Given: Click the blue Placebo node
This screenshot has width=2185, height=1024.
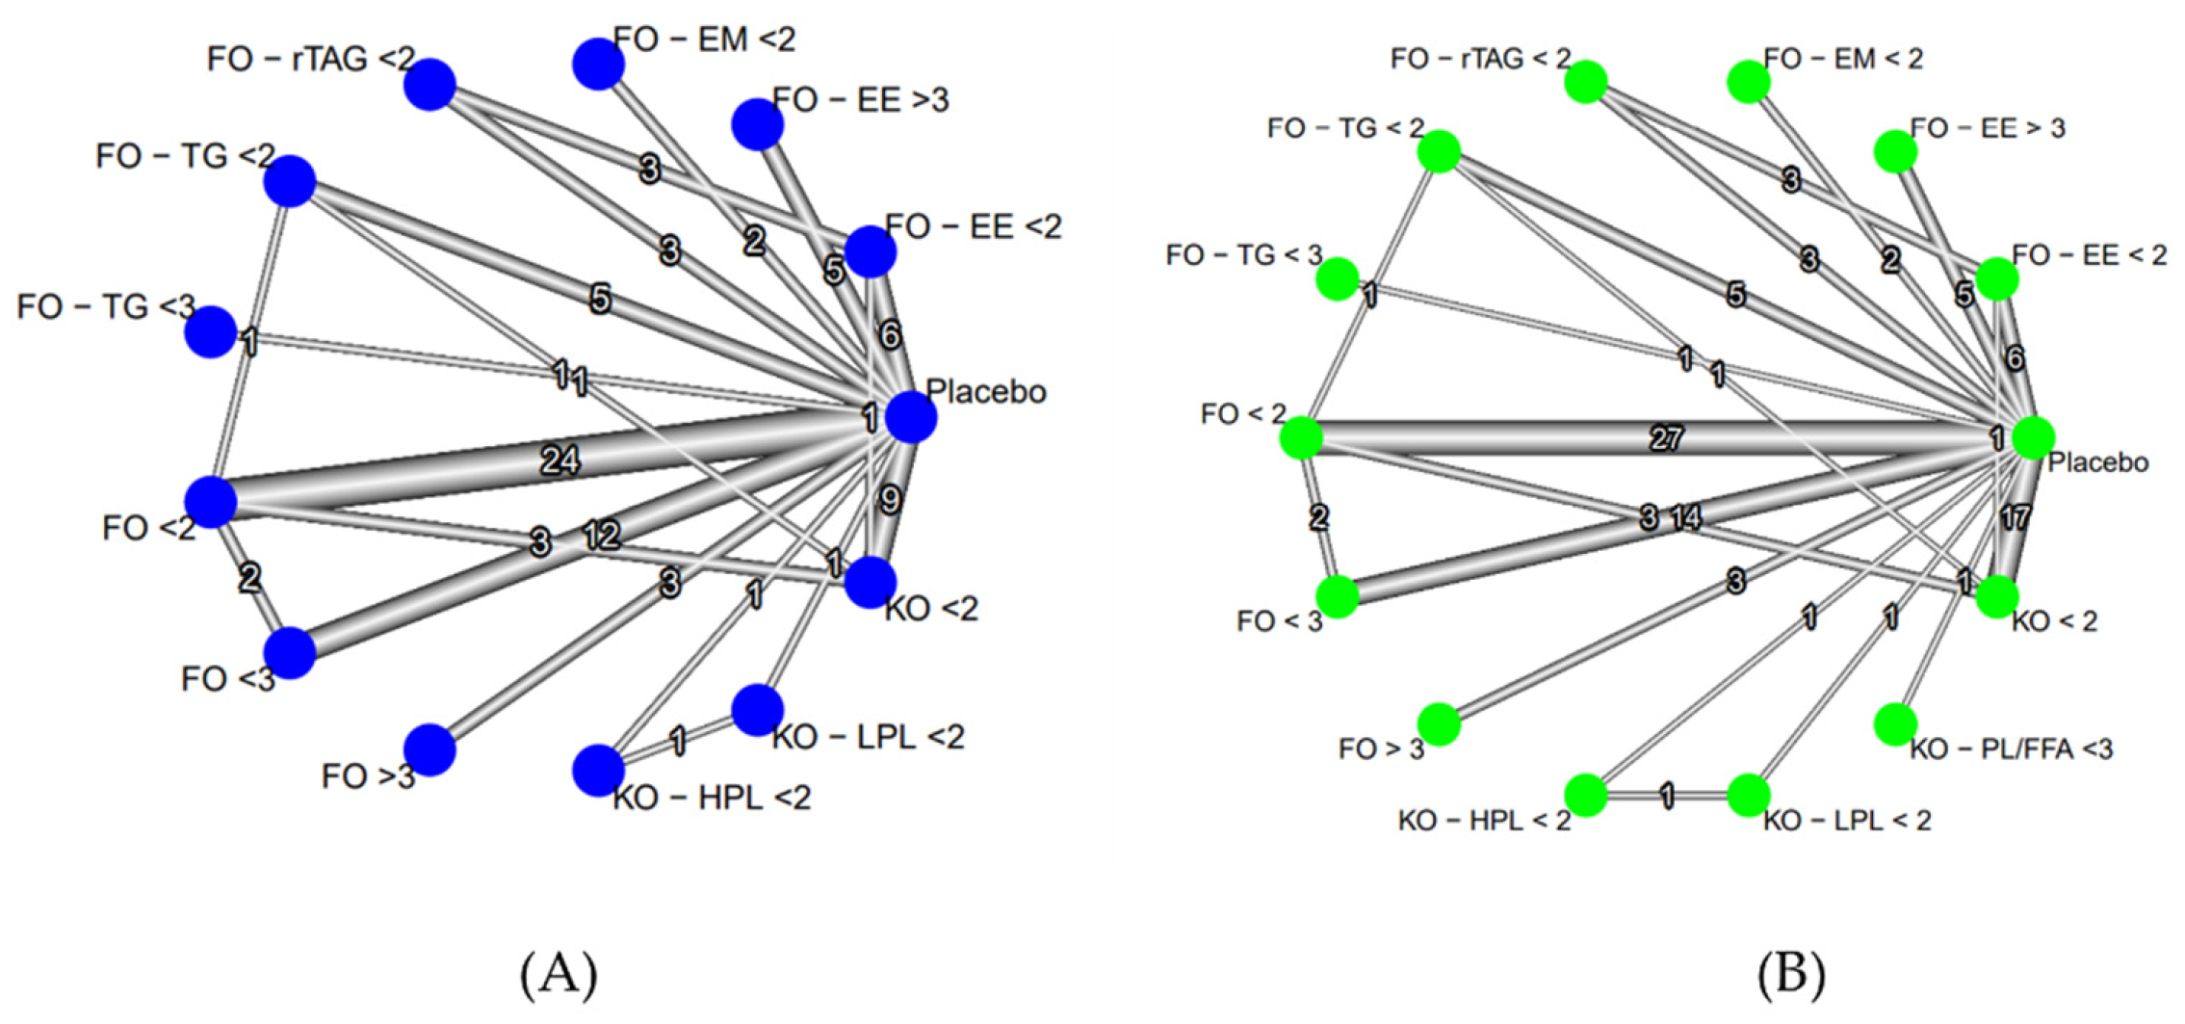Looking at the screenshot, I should click(910, 417).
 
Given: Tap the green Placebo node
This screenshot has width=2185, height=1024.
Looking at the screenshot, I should click(2032, 438).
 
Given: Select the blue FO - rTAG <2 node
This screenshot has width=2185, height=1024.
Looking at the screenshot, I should click(429, 85).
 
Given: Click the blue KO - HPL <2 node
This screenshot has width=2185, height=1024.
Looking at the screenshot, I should click(598, 770).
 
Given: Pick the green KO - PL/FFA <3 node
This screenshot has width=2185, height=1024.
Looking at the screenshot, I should click(1895, 723).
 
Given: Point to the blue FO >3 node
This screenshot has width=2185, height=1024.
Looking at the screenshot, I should click(429, 749).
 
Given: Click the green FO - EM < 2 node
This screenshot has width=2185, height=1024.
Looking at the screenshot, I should click(1748, 82).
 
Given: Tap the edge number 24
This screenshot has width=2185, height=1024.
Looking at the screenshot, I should click(559, 460).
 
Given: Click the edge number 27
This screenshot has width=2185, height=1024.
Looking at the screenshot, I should click(1667, 438).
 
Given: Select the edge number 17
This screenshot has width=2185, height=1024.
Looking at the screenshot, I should click(2015, 518).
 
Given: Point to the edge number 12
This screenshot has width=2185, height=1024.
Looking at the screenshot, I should click(602, 535).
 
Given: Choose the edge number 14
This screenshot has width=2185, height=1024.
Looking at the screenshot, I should click(1686, 518).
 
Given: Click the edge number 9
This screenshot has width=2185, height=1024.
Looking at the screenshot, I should click(891, 499).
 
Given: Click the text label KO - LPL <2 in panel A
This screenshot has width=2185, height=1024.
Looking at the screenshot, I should click(868, 737).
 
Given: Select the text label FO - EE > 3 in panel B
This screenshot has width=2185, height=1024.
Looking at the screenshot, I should click(1988, 128).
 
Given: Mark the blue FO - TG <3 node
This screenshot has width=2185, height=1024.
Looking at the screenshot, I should click(211, 332).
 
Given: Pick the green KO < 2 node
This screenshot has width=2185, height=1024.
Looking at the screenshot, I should click(1996, 597).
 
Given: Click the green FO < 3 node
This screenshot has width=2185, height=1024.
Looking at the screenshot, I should click(1337, 596).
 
